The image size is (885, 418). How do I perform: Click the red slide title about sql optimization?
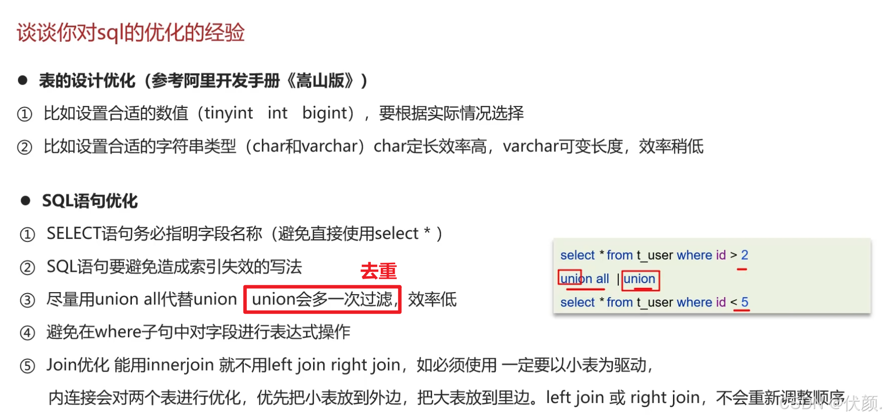[130, 33]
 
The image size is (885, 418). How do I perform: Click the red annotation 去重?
[378, 271]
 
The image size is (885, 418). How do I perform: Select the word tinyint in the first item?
[228, 113]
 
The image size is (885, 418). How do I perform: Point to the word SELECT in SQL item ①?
[74, 233]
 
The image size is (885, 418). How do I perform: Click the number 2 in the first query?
[744, 255]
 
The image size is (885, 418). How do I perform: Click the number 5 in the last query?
[744, 302]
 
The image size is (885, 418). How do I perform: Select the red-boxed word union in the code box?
[640, 279]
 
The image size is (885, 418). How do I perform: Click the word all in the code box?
[602, 279]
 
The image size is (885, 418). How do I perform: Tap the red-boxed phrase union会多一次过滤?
[322, 300]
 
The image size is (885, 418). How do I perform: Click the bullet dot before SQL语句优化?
[25, 201]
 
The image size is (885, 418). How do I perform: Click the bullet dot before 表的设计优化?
[22, 81]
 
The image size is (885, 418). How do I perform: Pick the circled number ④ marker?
[27, 333]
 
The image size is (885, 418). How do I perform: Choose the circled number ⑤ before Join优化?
[27, 366]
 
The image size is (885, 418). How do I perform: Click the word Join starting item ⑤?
[61, 365]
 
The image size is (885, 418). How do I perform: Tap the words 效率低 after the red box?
[432, 300]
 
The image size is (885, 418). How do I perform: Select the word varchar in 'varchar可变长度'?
[531, 147]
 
